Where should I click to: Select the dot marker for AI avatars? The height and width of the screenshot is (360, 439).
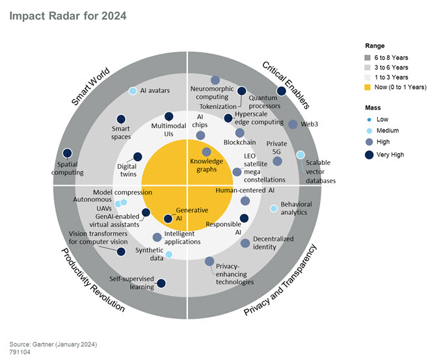click(133, 91)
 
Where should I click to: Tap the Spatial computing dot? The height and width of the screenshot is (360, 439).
click(67, 154)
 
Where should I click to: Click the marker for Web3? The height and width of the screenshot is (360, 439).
click(293, 124)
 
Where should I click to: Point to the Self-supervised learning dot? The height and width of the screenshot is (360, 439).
click(161, 283)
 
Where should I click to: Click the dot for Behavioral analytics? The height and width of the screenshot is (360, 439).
click(274, 209)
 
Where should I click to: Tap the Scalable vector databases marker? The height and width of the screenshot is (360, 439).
click(300, 155)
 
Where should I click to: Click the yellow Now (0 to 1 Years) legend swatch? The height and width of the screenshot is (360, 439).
click(369, 86)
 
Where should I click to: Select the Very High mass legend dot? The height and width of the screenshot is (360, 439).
click(369, 155)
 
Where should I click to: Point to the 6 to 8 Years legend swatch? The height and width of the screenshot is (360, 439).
click(369, 57)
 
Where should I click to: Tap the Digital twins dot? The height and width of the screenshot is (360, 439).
click(137, 157)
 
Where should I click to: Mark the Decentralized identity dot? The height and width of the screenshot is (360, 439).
click(245, 243)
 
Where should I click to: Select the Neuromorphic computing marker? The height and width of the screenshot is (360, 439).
click(215, 80)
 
